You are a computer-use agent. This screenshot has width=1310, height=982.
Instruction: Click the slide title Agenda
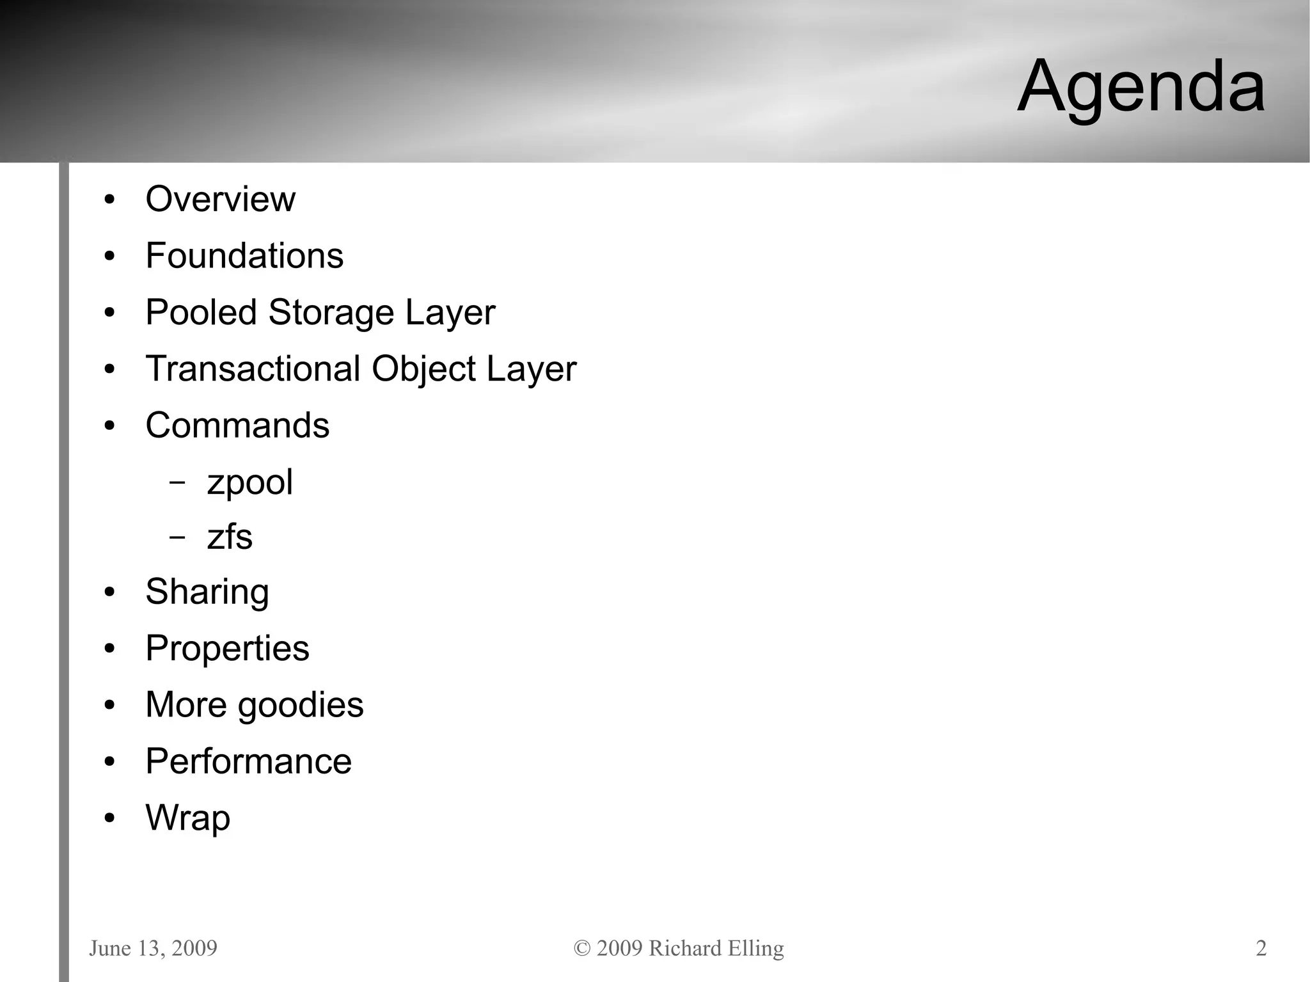(1140, 86)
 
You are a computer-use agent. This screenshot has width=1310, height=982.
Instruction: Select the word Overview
(220, 199)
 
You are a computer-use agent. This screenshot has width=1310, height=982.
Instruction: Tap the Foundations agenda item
(244, 256)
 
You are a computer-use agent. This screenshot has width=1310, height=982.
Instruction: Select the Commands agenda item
(237, 425)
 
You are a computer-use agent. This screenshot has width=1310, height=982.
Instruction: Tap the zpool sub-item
(249, 483)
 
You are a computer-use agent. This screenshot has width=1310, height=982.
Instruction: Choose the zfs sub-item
(230, 537)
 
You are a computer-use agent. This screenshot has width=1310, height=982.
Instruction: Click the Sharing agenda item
(207, 592)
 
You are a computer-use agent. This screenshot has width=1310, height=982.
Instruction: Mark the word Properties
(227, 649)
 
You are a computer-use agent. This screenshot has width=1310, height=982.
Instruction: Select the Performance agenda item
(248, 761)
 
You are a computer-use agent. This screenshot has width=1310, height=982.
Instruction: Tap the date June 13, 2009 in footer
(153, 948)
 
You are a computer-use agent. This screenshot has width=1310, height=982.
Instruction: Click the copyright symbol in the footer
(581, 948)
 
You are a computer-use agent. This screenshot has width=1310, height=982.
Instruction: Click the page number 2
(1261, 948)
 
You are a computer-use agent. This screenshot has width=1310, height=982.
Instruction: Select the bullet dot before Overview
(109, 200)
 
